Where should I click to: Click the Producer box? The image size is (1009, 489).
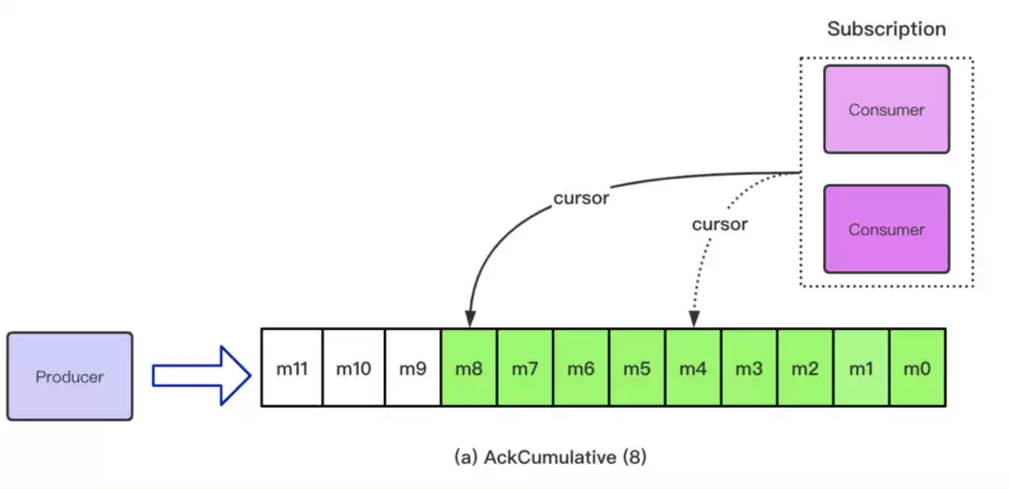[69, 376]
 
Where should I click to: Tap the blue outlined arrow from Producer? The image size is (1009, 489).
[202, 376]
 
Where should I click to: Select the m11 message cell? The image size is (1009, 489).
[291, 367]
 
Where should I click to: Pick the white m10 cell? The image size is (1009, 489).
[353, 367]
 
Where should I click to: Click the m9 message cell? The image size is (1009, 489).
[413, 367]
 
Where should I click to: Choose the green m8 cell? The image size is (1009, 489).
[469, 367]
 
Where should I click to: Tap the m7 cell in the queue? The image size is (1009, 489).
[525, 367]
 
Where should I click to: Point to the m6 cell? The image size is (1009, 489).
[581, 367]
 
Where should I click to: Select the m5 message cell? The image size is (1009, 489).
[637, 367]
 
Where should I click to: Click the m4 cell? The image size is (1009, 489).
[693, 367]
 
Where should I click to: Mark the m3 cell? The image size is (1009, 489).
[749, 367]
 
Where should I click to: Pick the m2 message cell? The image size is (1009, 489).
[805, 367]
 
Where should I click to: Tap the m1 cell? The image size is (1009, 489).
[861, 367]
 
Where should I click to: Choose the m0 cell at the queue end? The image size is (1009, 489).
[917, 367]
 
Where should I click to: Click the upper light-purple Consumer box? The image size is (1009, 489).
[886, 109]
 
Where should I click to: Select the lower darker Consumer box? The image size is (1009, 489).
[886, 229]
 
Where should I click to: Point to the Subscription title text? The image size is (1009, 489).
[886, 29]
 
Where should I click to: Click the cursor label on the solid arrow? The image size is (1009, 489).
[581, 198]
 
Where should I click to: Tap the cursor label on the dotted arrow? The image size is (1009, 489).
[720, 224]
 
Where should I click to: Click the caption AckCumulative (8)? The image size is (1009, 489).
[549, 457]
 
